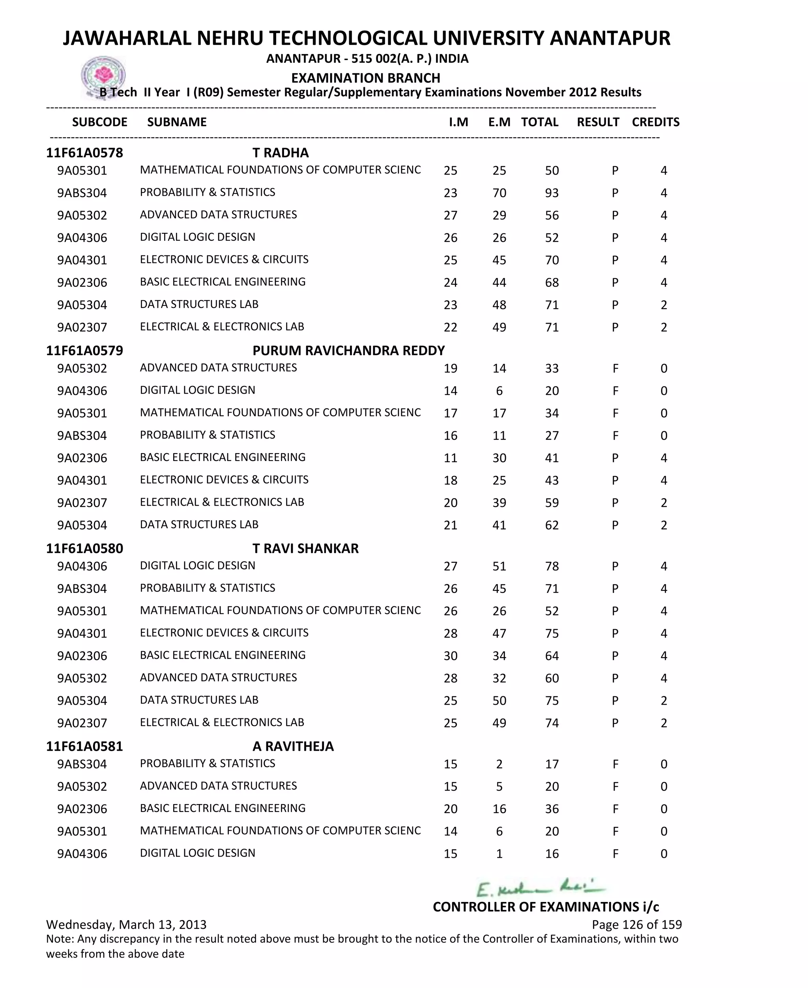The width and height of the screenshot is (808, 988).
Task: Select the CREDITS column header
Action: (x=655, y=122)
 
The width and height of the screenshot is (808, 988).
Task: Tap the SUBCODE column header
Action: (x=99, y=122)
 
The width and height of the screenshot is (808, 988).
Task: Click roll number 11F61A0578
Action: (x=84, y=153)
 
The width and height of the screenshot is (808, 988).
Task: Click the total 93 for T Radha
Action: (x=552, y=193)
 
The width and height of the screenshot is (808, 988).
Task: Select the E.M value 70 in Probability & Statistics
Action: (x=499, y=193)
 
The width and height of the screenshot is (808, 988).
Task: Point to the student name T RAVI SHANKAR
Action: (x=305, y=549)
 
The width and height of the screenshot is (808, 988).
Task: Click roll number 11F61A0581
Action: (x=84, y=746)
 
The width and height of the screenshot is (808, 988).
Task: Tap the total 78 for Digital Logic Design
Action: (x=552, y=566)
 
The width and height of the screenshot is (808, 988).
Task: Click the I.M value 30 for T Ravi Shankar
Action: (x=450, y=656)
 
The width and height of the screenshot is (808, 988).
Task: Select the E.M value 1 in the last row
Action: (x=499, y=853)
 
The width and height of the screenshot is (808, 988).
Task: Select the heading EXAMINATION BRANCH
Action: (x=365, y=78)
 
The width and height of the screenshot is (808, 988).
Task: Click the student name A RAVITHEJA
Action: (x=293, y=746)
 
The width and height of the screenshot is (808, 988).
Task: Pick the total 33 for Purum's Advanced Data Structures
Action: (x=552, y=368)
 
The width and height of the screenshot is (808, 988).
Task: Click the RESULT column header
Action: (x=598, y=122)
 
